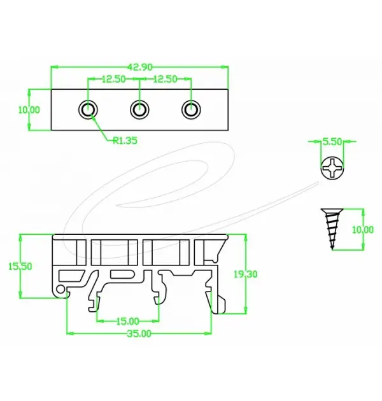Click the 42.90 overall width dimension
tap(139, 66)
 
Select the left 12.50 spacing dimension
tap(113, 79)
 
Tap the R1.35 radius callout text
tap(125, 141)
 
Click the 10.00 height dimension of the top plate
tap(29, 109)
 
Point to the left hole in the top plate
tap(88, 109)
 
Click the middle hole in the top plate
tap(139, 109)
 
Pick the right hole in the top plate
tap(190, 109)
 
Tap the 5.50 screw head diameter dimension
tap(331, 141)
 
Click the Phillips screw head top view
tap(331, 169)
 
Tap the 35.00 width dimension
tap(139, 334)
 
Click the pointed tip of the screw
tap(332, 249)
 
